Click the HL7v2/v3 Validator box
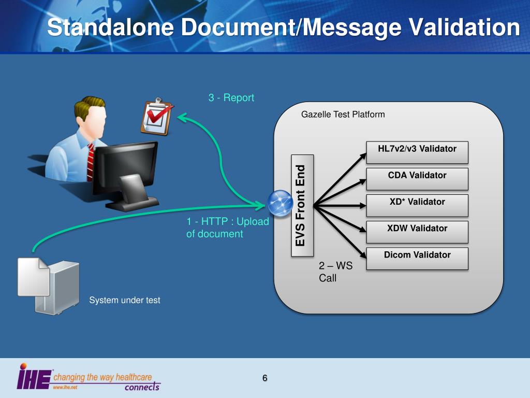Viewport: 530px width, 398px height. (417, 152)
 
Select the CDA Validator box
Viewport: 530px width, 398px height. (417, 179)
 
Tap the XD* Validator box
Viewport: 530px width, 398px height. (417, 205)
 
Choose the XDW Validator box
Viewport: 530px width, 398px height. (417, 232)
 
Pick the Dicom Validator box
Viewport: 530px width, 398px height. (417, 258)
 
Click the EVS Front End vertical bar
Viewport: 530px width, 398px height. (301, 205)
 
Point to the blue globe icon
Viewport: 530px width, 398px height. (281, 203)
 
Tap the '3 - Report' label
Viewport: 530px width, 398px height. (231, 97)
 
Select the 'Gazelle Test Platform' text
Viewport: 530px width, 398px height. (343, 114)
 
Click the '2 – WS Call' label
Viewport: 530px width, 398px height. (335, 272)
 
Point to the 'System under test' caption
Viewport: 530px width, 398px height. (125, 300)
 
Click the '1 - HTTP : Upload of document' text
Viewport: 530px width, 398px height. (227, 228)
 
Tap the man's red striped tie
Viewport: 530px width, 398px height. (91, 161)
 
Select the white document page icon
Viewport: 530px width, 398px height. (34, 277)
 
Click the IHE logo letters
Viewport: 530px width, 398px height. (34, 377)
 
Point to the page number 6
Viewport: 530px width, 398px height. (264, 378)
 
